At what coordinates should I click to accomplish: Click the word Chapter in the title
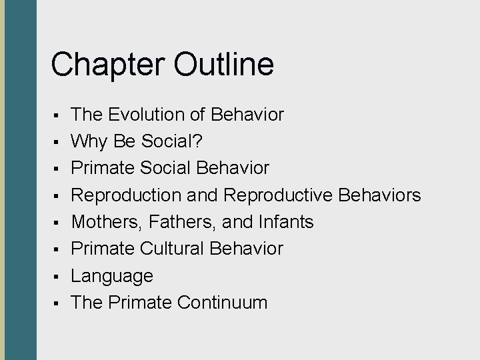point(99,65)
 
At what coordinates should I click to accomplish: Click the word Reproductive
point(279,195)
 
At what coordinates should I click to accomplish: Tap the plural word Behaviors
point(380,195)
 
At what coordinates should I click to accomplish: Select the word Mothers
point(104,222)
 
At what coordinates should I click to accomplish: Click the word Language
point(112,276)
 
